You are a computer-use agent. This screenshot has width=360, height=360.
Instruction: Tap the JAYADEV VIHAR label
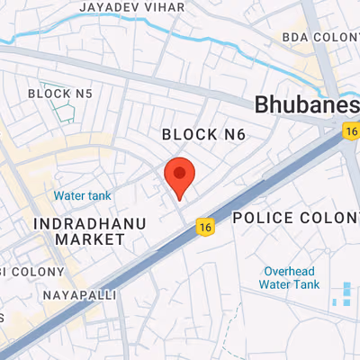click(x=132, y=6)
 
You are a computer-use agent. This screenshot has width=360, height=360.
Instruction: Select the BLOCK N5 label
click(x=60, y=93)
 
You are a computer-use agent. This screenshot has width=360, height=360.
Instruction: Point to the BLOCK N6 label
click(x=202, y=134)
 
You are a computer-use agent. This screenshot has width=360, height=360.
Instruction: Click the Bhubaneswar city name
click(x=307, y=104)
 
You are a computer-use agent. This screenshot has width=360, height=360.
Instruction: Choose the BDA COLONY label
click(x=320, y=37)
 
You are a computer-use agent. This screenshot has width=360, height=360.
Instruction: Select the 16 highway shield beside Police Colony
click(x=206, y=228)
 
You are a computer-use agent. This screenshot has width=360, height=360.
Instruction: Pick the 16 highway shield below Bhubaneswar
click(x=351, y=131)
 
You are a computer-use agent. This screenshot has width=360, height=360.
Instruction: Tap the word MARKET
click(x=89, y=239)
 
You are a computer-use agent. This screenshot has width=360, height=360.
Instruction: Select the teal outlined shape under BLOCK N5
click(x=63, y=112)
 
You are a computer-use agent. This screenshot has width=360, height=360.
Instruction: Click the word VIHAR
click(x=166, y=6)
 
